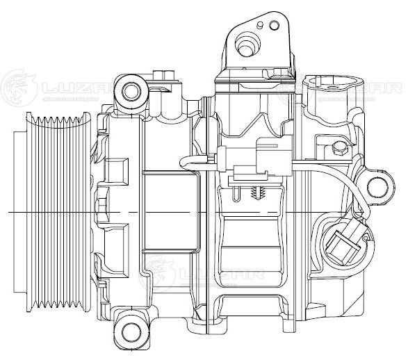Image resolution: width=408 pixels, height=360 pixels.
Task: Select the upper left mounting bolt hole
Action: tap(131, 90)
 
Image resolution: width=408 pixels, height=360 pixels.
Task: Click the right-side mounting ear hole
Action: tap(377, 186)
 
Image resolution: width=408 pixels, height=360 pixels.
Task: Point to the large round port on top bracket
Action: tap(245, 46)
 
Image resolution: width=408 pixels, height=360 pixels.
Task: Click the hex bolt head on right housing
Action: tap(338, 148)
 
